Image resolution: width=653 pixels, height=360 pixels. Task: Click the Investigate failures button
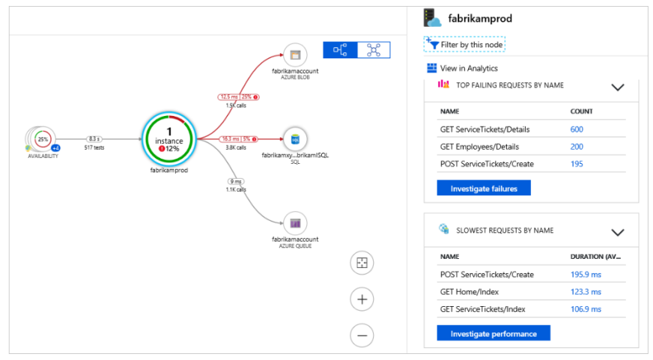point(483,188)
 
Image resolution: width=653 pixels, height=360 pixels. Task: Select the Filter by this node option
point(465,45)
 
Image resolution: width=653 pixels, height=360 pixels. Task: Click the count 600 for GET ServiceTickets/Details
point(577,129)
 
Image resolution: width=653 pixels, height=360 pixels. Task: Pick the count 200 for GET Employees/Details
point(577,147)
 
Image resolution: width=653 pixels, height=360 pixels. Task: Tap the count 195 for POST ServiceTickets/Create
point(577,164)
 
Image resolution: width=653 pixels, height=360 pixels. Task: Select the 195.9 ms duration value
point(586,275)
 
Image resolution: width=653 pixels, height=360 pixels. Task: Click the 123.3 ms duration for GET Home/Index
point(586,292)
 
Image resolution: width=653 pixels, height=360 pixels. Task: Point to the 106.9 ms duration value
point(586,309)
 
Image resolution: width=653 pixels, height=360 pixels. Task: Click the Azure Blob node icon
point(295,55)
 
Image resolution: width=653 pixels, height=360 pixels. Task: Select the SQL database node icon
point(295,138)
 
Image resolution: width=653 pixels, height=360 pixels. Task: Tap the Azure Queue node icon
point(295,222)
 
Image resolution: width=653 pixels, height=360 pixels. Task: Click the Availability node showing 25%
point(43,139)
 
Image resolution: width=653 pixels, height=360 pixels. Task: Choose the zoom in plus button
point(362,299)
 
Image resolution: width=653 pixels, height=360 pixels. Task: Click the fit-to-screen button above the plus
point(362,263)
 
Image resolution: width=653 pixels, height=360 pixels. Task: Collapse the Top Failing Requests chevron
point(618,87)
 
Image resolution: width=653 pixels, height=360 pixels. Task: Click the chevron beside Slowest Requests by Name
point(618,233)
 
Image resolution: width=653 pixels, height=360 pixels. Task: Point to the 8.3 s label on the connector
point(94,138)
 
